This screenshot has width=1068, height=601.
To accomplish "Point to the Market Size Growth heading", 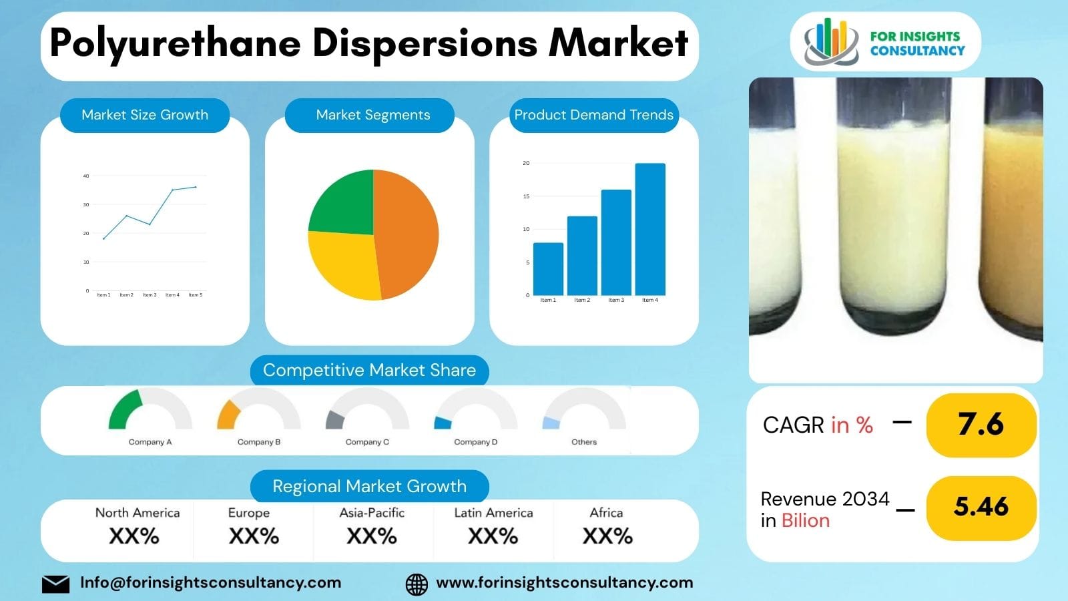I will (x=145, y=115).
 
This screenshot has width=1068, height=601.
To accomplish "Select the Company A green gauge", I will (x=125, y=409).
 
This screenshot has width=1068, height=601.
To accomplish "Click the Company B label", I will (x=259, y=442).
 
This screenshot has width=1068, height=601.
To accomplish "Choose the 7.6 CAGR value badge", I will (x=981, y=425).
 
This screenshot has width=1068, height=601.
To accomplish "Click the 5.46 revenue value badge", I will (x=981, y=508).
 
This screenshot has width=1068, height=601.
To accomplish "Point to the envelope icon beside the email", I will (x=55, y=584).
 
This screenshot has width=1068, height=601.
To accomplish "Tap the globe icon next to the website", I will (x=417, y=584).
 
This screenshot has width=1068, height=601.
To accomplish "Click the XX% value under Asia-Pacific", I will (x=372, y=536).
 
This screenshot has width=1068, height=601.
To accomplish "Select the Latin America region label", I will (x=493, y=513).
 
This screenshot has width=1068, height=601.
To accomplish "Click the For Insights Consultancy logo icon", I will (x=830, y=41).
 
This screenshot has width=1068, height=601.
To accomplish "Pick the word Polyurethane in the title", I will (x=175, y=44).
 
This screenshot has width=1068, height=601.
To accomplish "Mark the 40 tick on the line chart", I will (x=86, y=176).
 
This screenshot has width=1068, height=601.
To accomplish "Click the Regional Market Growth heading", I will (x=369, y=486).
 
